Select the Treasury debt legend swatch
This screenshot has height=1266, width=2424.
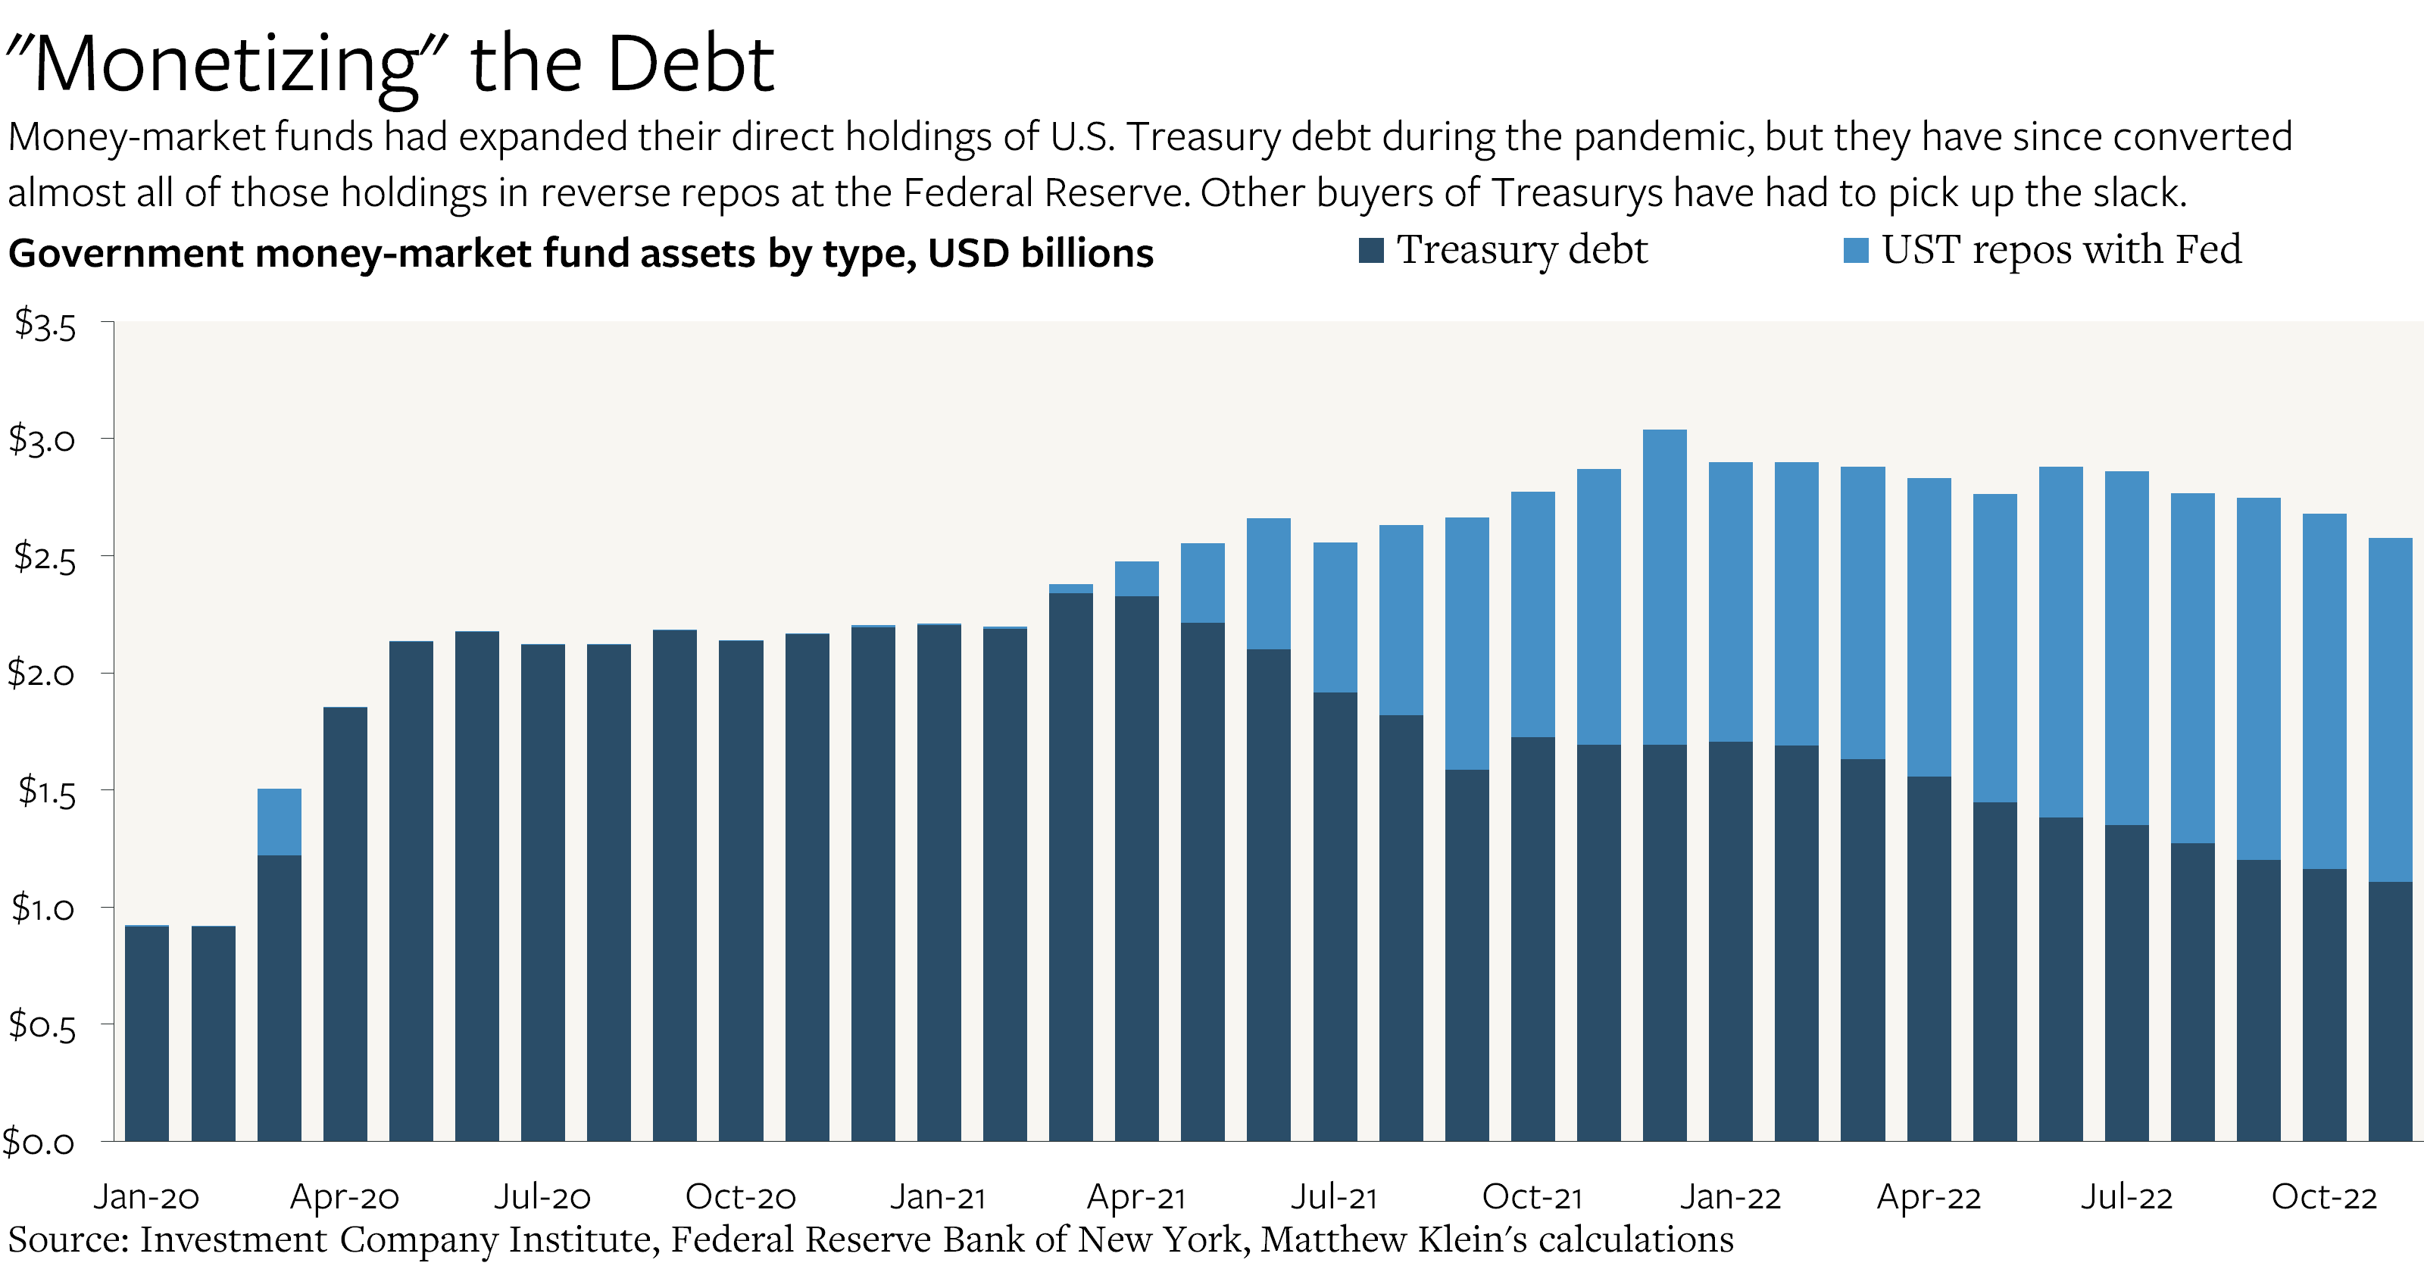click(x=1371, y=250)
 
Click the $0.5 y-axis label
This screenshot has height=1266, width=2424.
click(x=42, y=1025)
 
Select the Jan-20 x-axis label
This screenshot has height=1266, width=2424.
click(x=146, y=1196)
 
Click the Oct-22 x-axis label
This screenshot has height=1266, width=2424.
click(x=2323, y=1196)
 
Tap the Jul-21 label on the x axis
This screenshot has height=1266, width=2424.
click(x=1333, y=1196)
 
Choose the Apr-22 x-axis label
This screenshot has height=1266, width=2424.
click(x=1928, y=1196)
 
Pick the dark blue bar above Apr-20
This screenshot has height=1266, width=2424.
click(x=345, y=924)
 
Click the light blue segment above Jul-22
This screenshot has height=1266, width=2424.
click(x=2126, y=649)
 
